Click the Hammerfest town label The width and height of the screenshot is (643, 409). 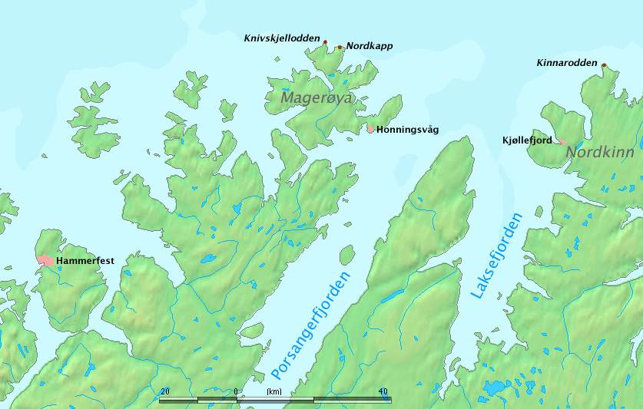[x=85, y=261]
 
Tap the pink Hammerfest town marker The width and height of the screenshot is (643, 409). [x=46, y=261]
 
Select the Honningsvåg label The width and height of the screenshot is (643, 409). [x=407, y=130]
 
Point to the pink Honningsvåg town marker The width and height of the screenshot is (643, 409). [x=370, y=129]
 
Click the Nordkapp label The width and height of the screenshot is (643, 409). [x=370, y=46]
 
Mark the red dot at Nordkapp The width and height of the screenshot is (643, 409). [x=340, y=47]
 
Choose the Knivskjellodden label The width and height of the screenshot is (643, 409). [x=281, y=37]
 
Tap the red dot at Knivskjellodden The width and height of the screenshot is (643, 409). [x=325, y=42]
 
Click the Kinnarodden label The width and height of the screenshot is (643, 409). [x=567, y=62]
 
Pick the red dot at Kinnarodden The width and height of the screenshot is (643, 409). [x=604, y=65]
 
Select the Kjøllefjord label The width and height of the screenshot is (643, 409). [x=526, y=140]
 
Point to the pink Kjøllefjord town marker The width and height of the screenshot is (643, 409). [x=561, y=141]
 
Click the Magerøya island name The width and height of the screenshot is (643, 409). [x=316, y=98]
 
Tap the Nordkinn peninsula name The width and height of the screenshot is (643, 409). [x=600, y=153]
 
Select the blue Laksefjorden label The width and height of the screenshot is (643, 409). [x=495, y=256]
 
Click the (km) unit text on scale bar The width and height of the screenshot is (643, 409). [x=274, y=391]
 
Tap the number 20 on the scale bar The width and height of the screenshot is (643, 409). [x=164, y=391]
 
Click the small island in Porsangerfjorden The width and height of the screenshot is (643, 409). [x=346, y=255]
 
